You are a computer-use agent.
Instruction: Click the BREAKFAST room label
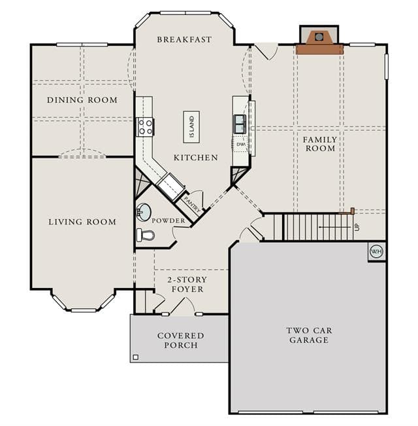coord(184,40)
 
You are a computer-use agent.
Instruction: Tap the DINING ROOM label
coord(82,100)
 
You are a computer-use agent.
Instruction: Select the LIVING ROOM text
coord(82,222)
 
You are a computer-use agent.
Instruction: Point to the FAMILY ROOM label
coord(320,144)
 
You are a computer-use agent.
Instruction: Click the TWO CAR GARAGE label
coord(309,335)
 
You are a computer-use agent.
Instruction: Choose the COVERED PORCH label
coord(181,340)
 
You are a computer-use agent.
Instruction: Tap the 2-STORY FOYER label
coord(187,285)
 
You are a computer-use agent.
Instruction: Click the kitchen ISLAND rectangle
coord(191,127)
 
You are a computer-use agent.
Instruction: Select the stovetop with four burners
coord(145,127)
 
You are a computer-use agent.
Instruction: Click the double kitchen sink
coord(240,124)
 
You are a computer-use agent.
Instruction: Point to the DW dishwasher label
coord(241,145)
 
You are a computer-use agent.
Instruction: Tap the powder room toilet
coord(145,235)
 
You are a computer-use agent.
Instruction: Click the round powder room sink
coord(144,212)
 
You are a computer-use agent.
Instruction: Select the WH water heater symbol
coord(376,251)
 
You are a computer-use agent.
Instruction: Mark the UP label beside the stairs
coord(357,226)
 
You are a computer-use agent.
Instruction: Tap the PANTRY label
coord(193,204)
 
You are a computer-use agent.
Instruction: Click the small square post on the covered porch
coord(136,357)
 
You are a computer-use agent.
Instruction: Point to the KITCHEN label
coord(196,158)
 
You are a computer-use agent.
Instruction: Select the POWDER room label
coord(169,221)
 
